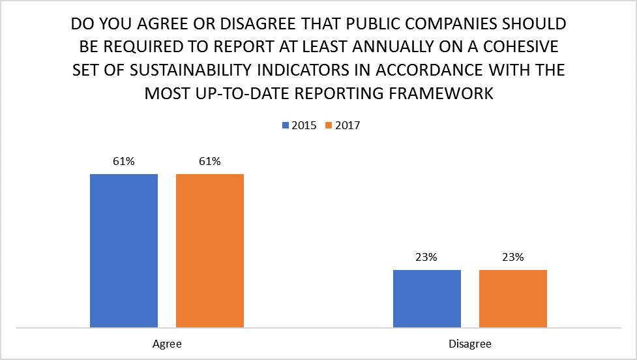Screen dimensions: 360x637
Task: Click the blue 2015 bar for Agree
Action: tap(124, 250)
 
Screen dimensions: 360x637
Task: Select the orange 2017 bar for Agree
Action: tap(209, 250)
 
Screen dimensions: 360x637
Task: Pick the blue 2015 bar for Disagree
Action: tap(427, 298)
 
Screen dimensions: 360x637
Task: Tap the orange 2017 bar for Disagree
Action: tap(512, 298)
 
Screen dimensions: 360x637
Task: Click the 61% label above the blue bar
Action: tap(124, 162)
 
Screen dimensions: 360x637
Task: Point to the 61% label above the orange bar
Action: tap(209, 162)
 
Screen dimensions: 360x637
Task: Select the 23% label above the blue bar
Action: tap(427, 258)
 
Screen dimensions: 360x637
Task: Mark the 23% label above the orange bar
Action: tap(512, 258)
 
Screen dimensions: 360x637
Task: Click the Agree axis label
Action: tap(167, 342)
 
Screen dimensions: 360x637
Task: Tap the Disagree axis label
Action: tap(470, 342)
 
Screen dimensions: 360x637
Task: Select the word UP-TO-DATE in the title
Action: tap(252, 94)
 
